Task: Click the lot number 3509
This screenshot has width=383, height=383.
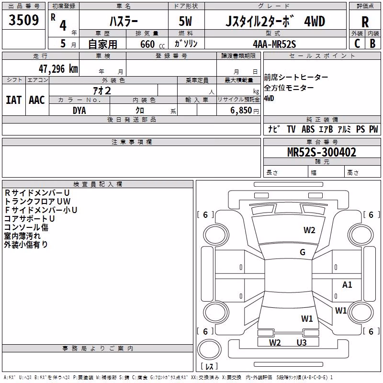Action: click(x=23, y=20)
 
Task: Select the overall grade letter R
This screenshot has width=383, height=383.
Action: click(x=365, y=22)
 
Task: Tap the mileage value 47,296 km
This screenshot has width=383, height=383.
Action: click(x=58, y=69)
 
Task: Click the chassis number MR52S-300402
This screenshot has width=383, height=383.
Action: click(x=322, y=152)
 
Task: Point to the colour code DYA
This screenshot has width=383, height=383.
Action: click(x=79, y=111)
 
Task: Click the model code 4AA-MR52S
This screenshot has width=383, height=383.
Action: click(x=274, y=44)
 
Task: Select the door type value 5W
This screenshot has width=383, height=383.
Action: click(x=185, y=21)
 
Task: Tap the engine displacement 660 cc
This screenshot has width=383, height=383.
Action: click(x=152, y=45)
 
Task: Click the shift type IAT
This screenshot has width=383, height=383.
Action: click(x=14, y=100)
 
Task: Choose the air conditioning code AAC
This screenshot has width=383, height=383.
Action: click(x=37, y=100)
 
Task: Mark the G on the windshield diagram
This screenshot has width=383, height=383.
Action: click(x=303, y=252)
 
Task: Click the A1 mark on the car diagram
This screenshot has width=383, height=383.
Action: click(x=347, y=284)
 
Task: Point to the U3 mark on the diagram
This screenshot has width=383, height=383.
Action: click(x=302, y=342)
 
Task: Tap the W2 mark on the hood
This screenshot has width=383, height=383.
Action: click(x=309, y=230)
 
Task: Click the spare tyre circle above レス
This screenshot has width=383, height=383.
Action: click(x=209, y=349)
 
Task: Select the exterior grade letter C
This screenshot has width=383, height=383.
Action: click(x=357, y=44)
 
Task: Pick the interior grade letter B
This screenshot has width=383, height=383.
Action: click(x=372, y=44)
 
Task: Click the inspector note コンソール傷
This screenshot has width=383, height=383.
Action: click(x=26, y=227)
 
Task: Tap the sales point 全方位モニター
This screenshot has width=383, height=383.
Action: click(x=289, y=88)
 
